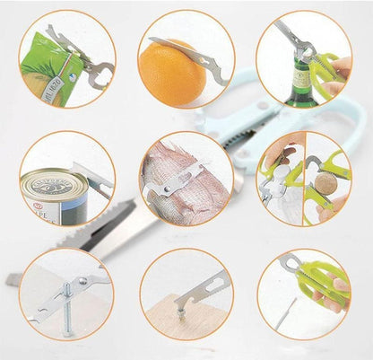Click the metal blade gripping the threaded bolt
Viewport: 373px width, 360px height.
tap(86, 283)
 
